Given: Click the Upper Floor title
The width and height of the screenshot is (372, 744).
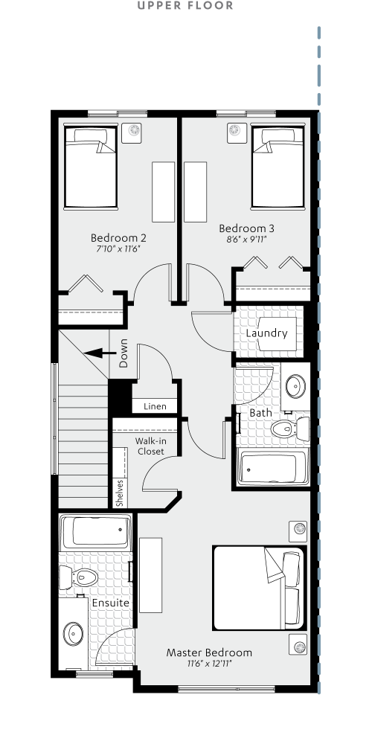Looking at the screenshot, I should tap(185, 6).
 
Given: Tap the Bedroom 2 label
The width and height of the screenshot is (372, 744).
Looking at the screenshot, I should tap(118, 238).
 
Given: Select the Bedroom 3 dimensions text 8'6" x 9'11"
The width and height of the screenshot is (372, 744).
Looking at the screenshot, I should tap(242, 240).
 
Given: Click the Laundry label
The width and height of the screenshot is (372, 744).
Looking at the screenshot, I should tap(266, 333).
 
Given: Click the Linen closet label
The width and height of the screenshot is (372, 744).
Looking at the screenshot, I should tap(155, 406).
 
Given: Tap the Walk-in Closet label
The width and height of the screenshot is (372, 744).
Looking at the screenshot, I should tap(150, 446).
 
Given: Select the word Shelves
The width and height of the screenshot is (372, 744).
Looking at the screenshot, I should tap(120, 492).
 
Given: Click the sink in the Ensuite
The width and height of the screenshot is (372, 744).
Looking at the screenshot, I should tap(74, 634).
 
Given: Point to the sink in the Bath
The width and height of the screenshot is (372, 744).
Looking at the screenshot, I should tap(295, 385).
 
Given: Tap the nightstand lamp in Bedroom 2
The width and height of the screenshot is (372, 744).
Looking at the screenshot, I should tap(135, 131).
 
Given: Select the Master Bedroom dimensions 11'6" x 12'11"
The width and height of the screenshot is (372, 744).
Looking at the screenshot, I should tap(209, 664).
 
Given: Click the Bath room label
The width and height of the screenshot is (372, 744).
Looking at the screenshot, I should tap(260, 412).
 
